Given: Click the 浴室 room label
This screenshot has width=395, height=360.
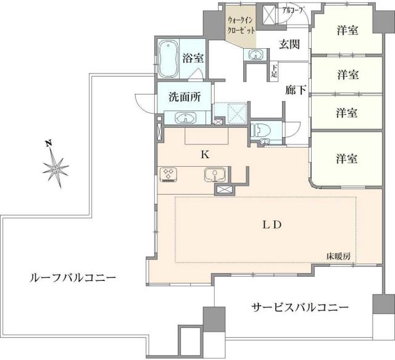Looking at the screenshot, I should pos(193,59).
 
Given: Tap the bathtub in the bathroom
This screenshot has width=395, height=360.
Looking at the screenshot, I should pos(168,58).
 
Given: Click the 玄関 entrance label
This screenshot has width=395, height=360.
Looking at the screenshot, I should pos(288,44).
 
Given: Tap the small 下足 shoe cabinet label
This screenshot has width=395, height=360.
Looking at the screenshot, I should pos(273,70).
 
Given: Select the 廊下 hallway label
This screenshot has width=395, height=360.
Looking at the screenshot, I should pos(296,89).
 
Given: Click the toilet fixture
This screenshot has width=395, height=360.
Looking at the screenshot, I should pos(259,129).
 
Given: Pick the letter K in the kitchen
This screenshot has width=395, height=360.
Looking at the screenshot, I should pos(204,155).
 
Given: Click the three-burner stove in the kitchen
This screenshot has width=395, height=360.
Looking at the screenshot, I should pos(168,174).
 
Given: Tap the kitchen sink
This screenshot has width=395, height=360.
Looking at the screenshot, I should pos(214,174).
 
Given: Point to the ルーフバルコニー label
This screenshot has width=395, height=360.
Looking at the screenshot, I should pos(72,278).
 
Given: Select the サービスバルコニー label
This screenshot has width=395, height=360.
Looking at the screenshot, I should pos(301,307).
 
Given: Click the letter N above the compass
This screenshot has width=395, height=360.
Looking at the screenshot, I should pos(48,144).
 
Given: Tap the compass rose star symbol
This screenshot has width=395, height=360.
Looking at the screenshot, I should pos(57,167).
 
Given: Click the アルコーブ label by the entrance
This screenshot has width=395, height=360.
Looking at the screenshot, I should pos(292,10).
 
